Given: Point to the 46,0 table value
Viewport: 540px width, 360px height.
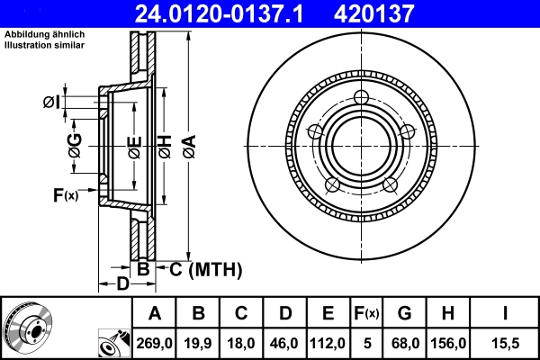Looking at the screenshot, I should [x=285, y=343].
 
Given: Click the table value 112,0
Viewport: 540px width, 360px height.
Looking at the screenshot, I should [x=328, y=343].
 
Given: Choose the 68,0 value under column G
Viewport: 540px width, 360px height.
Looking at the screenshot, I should [x=404, y=343].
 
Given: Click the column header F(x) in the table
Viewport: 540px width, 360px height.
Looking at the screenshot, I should [x=366, y=313].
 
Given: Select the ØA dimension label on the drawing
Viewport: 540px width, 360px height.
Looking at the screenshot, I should [x=187, y=144].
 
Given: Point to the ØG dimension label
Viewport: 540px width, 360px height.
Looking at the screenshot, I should [x=76, y=144].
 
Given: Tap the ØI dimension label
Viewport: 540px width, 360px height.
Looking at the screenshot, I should [x=53, y=102].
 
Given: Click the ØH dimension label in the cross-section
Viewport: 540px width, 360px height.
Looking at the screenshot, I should [x=164, y=144].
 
